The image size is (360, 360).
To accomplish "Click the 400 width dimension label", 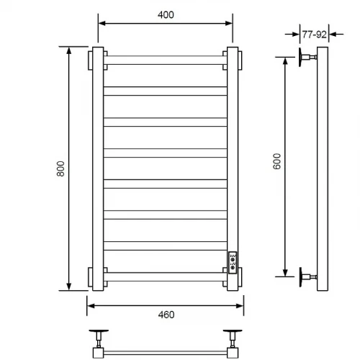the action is pos(166,15).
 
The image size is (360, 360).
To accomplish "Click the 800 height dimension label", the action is pos(60,168).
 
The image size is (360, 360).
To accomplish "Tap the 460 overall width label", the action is pos(166,315).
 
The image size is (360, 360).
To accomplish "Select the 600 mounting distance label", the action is pos(277,161).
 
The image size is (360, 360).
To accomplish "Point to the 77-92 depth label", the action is pos(314,35).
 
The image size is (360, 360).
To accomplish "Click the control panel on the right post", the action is pos(233,262).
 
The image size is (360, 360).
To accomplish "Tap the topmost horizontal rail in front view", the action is pos(166,60).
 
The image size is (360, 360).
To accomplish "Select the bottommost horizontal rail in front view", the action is pos(166,276).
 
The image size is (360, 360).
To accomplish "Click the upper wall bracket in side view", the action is pos(307,57).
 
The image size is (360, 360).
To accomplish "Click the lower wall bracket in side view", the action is pos(307,276).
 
